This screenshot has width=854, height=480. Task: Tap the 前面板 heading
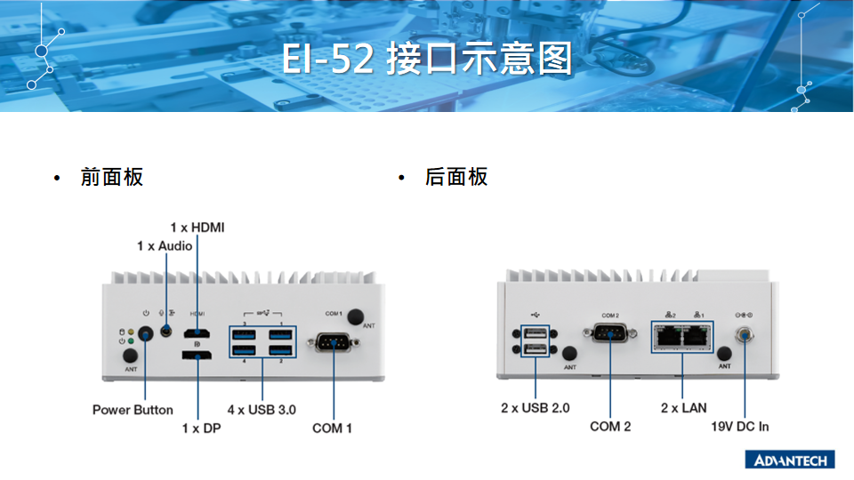[111, 177]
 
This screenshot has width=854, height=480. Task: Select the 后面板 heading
[456, 177]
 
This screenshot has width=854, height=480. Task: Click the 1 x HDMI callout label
[197, 228]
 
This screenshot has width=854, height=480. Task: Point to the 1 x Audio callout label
[165, 245]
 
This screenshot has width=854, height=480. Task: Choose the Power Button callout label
[133, 410]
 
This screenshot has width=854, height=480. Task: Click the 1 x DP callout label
[201, 428]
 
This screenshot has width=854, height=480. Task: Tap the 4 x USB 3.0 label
[262, 410]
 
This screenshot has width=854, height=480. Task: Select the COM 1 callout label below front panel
[333, 428]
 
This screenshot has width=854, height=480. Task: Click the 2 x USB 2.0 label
[535, 408]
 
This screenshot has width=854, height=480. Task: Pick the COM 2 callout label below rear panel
[610, 427]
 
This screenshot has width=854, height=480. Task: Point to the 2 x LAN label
[683, 408]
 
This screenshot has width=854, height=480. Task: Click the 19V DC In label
[740, 427]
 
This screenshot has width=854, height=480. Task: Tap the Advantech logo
[790, 460]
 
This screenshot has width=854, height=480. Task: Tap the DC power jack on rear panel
[744, 335]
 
